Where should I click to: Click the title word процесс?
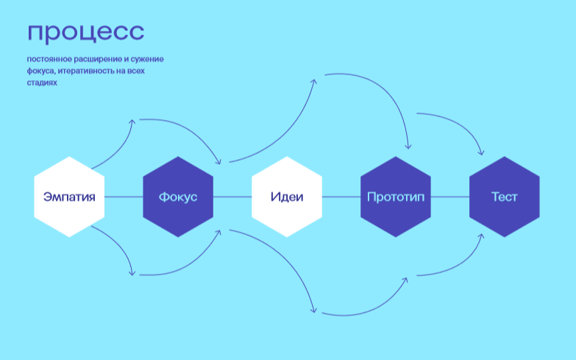[x=86, y=32]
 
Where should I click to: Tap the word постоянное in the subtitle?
[x=49, y=59]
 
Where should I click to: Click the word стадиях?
[x=42, y=82]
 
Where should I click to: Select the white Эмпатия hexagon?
[x=69, y=197]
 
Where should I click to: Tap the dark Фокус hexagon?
[x=178, y=197]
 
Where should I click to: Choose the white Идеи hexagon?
[x=287, y=197]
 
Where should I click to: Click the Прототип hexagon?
[x=396, y=197]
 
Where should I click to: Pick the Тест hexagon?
[x=505, y=197]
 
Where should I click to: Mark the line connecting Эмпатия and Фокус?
[x=124, y=197]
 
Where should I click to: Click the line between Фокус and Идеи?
[x=232, y=197]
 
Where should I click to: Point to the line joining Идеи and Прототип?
[x=341, y=197]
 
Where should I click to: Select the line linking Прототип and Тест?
[x=450, y=197]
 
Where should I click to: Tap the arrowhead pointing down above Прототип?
[x=408, y=147]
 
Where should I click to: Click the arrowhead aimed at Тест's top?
[x=482, y=152]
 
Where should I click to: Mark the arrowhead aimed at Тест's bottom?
[x=482, y=236]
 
